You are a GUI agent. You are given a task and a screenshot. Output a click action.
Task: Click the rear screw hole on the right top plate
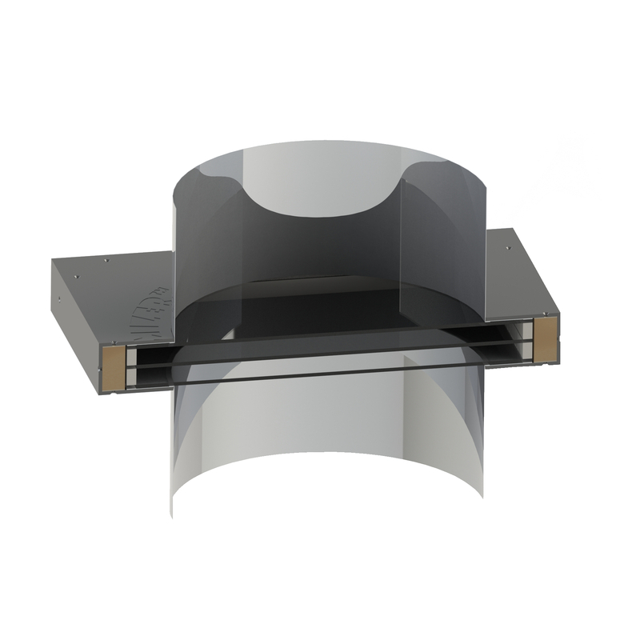509,247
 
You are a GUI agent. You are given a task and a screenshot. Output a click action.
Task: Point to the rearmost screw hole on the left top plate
107,259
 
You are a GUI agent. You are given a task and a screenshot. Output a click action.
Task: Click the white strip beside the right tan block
529,339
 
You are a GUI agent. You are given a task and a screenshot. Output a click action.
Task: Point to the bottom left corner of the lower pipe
172,512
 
